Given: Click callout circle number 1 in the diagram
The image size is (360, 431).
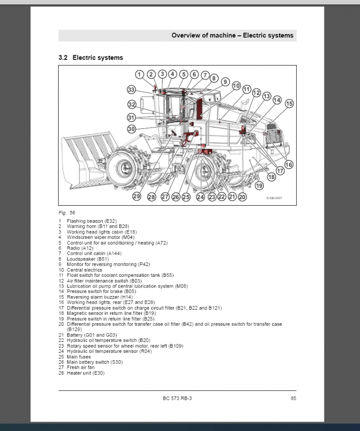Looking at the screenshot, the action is click(139, 74).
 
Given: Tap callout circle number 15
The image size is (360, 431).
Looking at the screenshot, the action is click(289, 104).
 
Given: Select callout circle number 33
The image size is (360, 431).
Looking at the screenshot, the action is click(131, 89).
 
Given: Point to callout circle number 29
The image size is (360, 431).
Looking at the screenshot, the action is click(137, 196).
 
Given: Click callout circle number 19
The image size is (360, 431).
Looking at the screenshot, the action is click(259, 186).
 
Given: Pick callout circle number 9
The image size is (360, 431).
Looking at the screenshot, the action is click(225, 82).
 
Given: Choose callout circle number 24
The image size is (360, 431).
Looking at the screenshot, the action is click(201, 197).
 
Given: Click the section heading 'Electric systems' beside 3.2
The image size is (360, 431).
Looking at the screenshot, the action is click(97, 58).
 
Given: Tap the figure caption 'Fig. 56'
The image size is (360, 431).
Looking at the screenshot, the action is click(67, 213).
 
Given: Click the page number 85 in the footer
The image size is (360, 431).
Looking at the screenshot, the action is click(293, 398).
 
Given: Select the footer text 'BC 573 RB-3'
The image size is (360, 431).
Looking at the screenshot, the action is click(177, 398).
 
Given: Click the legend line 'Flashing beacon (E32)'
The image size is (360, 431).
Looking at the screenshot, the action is click(92, 221).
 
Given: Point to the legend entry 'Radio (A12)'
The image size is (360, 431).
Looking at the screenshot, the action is click(80, 248).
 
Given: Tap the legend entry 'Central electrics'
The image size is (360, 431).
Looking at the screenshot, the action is click(84, 270).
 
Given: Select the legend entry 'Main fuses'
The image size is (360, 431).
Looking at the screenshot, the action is click(79, 357).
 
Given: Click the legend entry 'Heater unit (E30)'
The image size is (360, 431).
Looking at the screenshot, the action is click(86, 373).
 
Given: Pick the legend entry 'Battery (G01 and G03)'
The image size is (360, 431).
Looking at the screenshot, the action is click(92, 335).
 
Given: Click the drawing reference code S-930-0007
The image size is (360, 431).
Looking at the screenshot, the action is click(274, 198).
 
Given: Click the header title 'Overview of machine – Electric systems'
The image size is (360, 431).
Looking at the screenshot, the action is click(232, 36).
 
